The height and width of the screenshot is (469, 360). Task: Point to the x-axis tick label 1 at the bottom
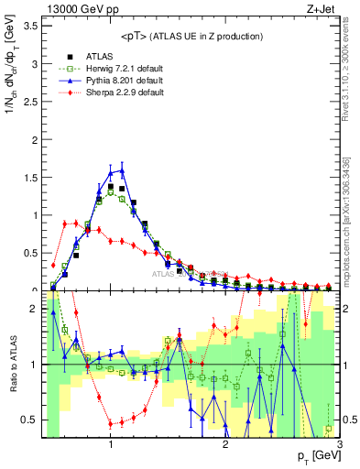click(111, 444)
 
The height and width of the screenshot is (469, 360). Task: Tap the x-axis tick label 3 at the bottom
click(339, 444)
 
